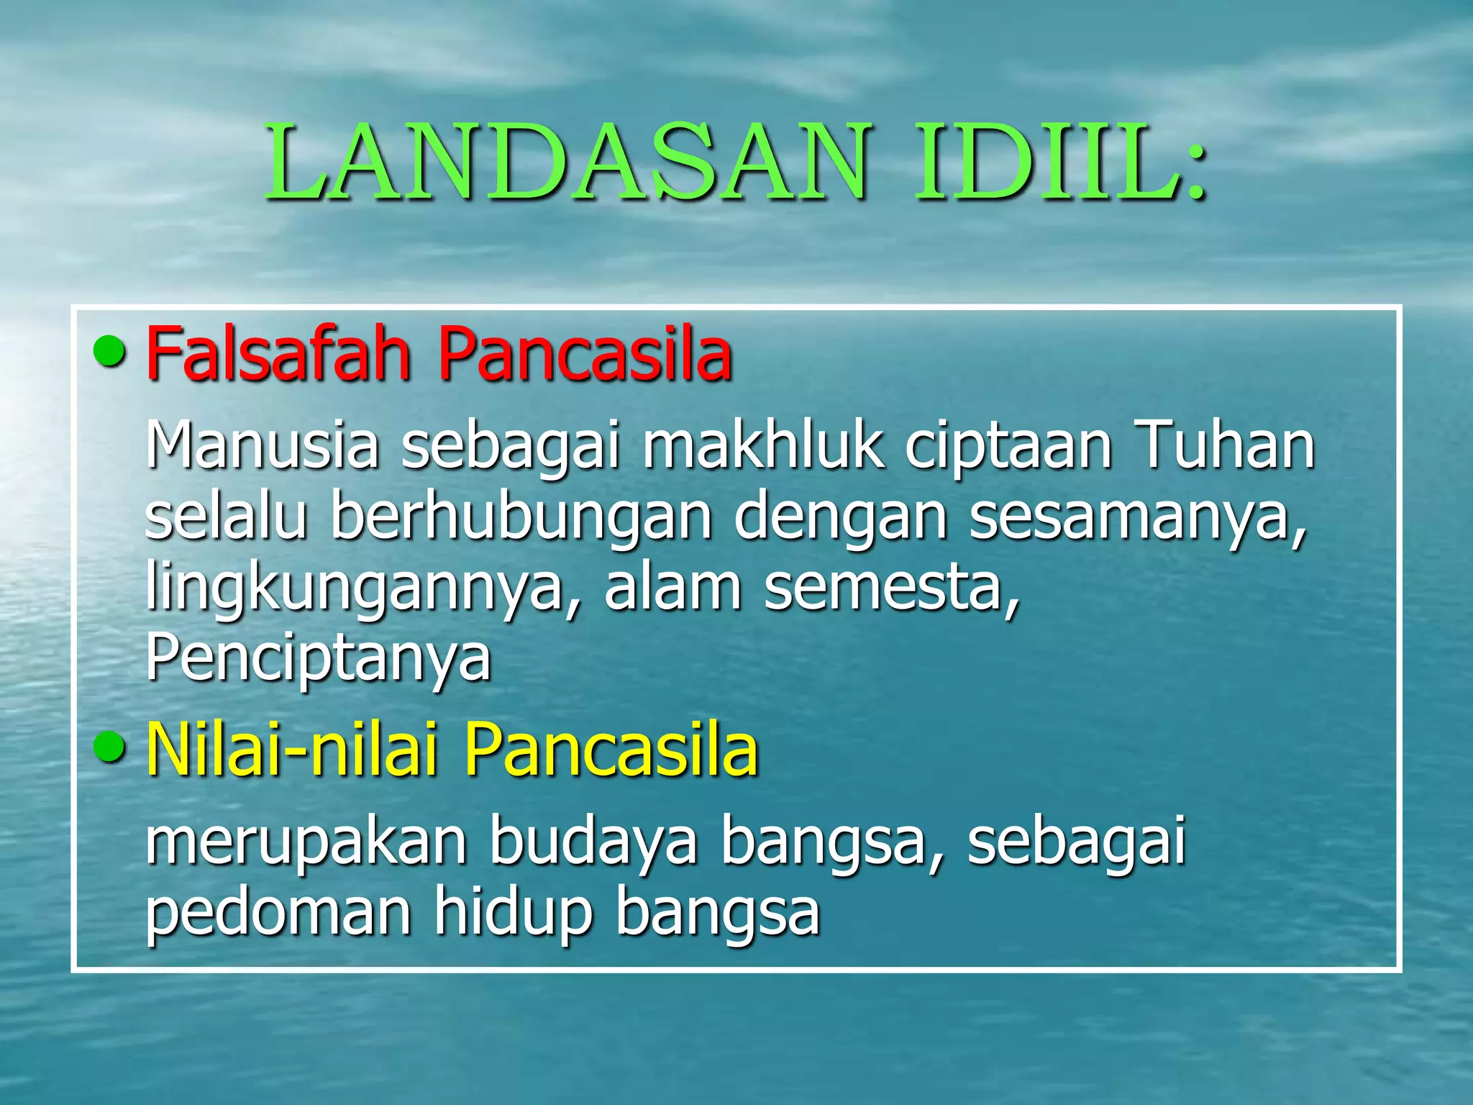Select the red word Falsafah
click(x=278, y=354)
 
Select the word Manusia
click(x=262, y=446)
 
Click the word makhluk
click(x=762, y=446)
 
